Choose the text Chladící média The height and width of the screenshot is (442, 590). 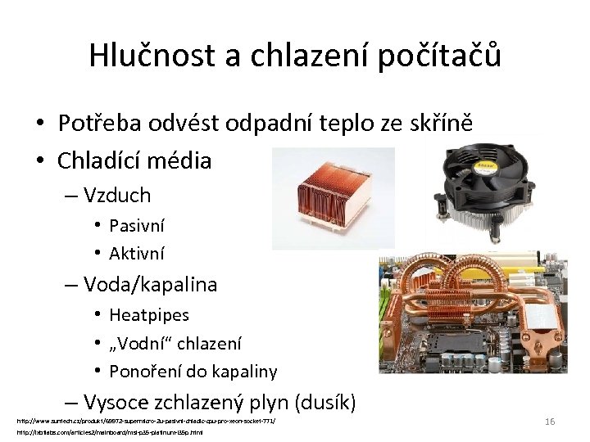(134, 160)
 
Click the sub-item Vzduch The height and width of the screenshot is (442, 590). (116, 195)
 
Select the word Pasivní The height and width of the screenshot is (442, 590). (138, 225)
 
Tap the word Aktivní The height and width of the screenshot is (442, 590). (137, 253)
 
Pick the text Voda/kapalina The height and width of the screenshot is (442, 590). (150, 284)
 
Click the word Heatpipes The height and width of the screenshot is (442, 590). (149, 314)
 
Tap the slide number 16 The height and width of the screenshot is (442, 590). (550, 421)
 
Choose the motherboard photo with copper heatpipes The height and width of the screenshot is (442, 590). (472, 313)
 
